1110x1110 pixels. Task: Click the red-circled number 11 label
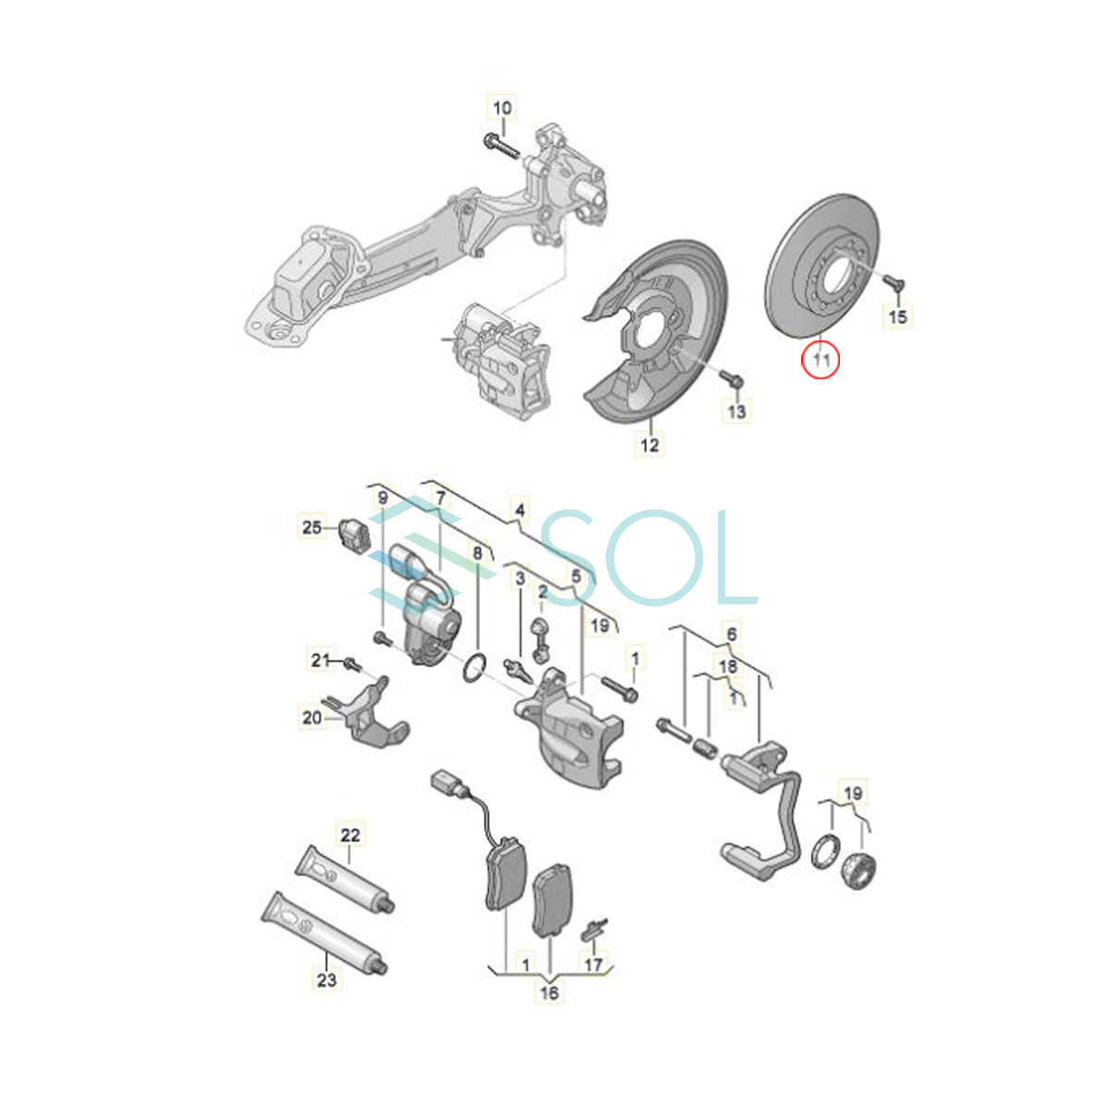click(820, 361)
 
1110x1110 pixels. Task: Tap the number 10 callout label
click(502, 107)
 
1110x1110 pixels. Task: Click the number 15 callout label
click(898, 316)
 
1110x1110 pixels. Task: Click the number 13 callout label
click(736, 412)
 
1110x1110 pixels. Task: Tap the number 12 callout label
click(649, 445)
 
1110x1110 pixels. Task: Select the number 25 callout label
click(312, 527)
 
